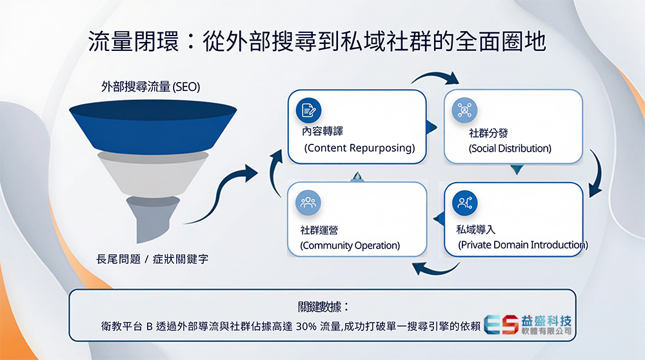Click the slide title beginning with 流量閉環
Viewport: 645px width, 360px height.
(x=317, y=42)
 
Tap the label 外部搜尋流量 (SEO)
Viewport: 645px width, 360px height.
(x=150, y=87)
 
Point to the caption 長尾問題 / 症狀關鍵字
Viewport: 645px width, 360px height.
(x=152, y=259)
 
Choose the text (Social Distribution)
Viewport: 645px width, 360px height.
(x=510, y=148)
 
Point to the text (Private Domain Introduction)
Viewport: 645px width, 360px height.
(x=522, y=245)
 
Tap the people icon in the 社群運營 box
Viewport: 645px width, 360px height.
(x=308, y=203)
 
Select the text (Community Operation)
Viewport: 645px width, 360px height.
(x=350, y=245)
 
